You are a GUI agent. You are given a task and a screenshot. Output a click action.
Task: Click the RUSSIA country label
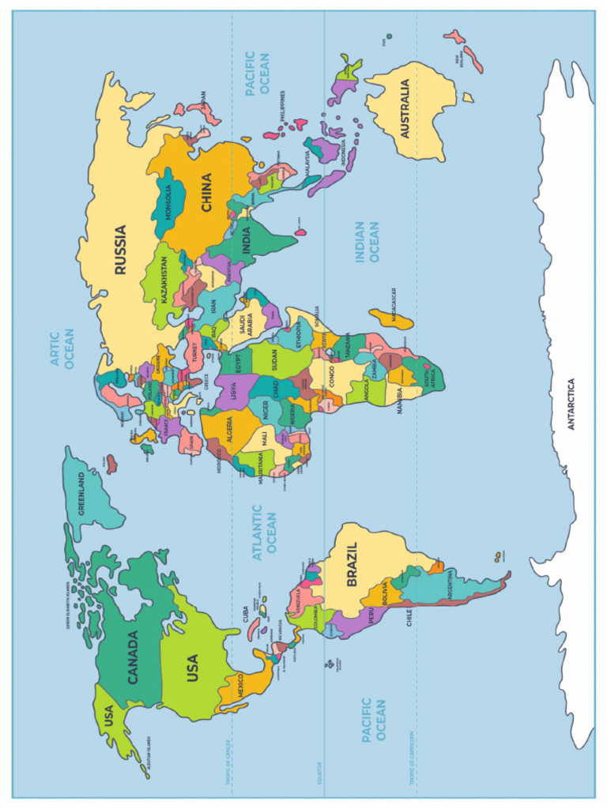[x=120, y=250]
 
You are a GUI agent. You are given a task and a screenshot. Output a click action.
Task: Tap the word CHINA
[x=206, y=192]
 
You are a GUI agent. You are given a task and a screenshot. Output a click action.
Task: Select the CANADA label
[x=133, y=657]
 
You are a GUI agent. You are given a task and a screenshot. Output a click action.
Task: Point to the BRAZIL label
[x=352, y=564]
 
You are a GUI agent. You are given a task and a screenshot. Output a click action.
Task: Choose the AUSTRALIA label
[x=405, y=109]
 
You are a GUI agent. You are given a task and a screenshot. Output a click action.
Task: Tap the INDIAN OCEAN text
[x=368, y=242]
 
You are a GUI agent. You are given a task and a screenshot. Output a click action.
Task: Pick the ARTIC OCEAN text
[x=62, y=349]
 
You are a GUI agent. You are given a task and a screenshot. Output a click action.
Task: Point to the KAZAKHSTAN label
[x=164, y=280]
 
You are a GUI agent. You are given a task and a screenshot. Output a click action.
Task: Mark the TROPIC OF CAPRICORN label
[x=413, y=757]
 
